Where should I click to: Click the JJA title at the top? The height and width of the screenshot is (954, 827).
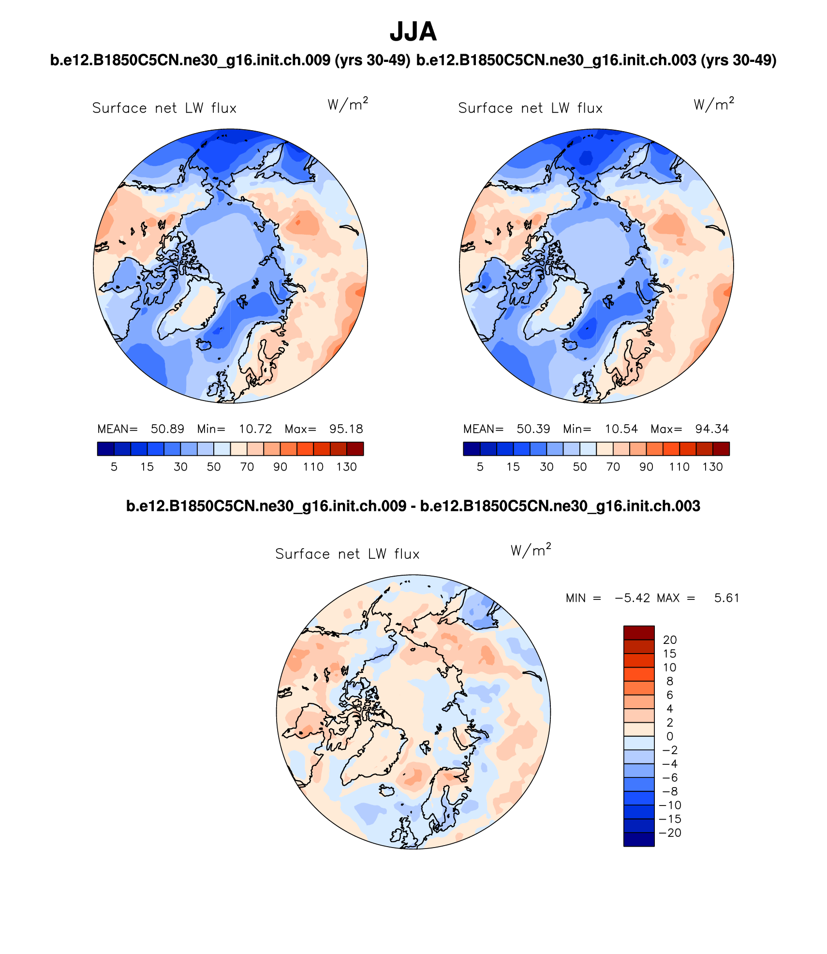click(413, 32)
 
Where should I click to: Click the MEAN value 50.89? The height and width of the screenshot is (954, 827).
click(167, 429)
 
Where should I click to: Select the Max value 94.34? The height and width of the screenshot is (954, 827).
click(711, 429)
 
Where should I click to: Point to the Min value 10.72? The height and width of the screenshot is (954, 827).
click(255, 429)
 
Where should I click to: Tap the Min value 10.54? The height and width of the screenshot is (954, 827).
click(621, 429)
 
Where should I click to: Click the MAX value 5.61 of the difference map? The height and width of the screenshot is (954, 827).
click(726, 598)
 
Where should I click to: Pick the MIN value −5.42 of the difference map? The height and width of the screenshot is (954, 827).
click(632, 598)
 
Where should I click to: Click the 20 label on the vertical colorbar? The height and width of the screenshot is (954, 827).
click(669, 640)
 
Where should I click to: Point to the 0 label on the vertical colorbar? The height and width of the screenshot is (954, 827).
click(669, 737)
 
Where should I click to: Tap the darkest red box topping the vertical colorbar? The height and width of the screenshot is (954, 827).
click(638, 633)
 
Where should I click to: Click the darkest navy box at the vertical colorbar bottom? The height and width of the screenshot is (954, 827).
click(638, 839)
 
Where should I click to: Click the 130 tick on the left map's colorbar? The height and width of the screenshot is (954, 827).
click(346, 467)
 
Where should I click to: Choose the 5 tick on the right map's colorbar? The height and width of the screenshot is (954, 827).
click(480, 467)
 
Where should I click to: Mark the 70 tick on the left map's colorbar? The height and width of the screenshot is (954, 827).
click(247, 467)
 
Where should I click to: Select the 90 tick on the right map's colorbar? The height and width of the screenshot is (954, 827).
click(646, 467)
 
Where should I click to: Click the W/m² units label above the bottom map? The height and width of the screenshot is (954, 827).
click(531, 551)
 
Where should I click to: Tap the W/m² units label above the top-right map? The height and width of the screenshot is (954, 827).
click(713, 104)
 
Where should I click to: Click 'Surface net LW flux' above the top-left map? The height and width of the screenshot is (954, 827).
click(164, 108)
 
